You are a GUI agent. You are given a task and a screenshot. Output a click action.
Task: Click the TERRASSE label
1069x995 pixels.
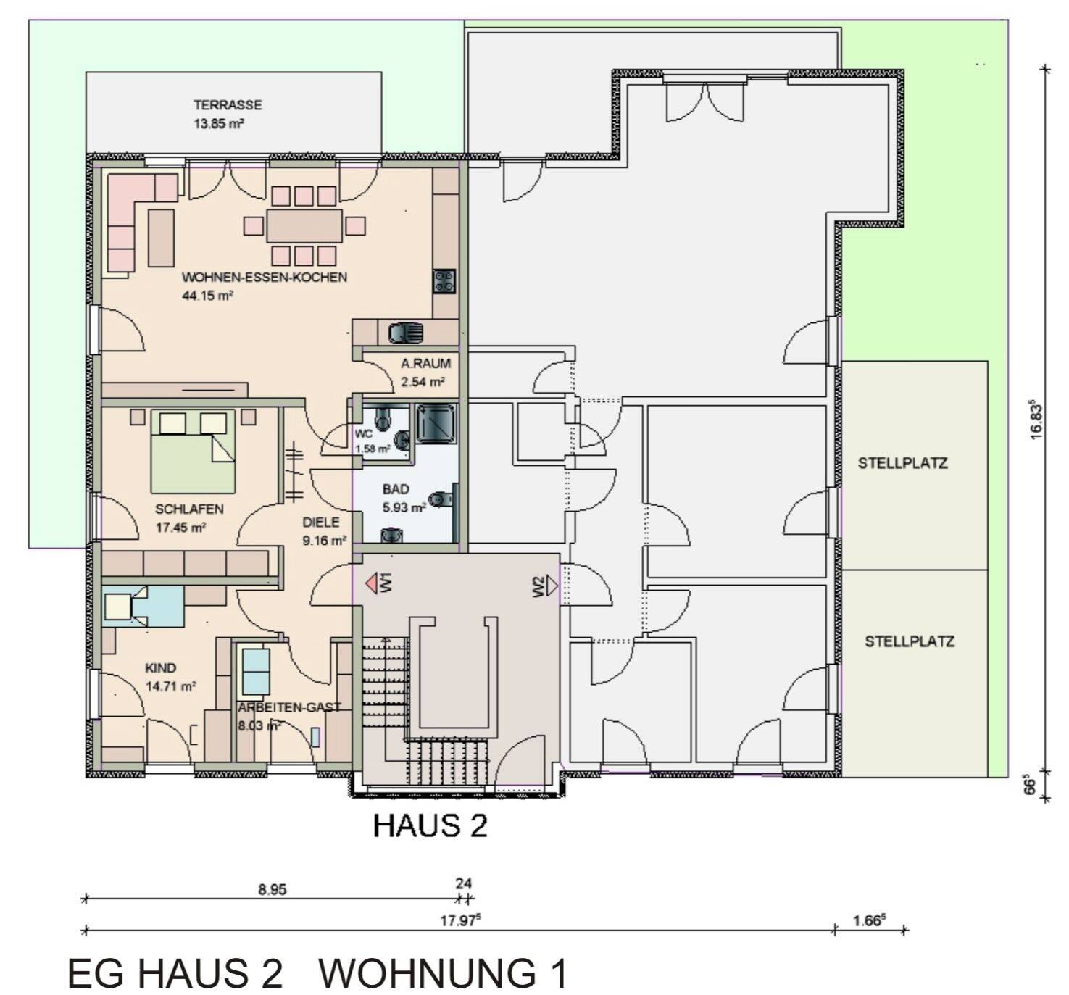[x=228, y=104]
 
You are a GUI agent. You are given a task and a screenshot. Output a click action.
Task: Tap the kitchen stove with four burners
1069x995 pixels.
[x=444, y=281]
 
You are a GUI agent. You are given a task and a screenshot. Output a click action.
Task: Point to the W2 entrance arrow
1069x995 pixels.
[x=552, y=586]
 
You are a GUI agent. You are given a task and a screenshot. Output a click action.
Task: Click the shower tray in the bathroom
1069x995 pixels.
[x=436, y=423]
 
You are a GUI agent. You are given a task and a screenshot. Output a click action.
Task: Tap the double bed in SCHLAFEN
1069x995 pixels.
[x=194, y=451]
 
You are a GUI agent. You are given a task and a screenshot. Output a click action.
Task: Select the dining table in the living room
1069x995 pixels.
[x=304, y=226]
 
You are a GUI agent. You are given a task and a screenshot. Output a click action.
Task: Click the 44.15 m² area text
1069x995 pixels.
[x=207, y=296]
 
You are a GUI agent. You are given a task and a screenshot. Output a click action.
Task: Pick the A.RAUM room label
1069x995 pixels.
[x=425, y=364]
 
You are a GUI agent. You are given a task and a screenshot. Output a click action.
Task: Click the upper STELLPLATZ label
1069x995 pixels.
[x=903, y=463]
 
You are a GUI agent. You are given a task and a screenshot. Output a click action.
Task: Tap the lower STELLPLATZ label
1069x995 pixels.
[x=909, y=641]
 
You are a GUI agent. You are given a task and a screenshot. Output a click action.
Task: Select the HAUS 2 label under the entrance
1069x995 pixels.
[x=430, y=825]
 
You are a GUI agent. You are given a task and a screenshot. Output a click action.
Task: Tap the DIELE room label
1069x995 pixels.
[x=321, y=522]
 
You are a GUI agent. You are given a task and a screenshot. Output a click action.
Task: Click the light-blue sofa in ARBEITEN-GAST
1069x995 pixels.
[x=256, y=671]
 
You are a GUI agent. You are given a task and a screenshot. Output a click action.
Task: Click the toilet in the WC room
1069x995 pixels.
[x=383, y=417]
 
